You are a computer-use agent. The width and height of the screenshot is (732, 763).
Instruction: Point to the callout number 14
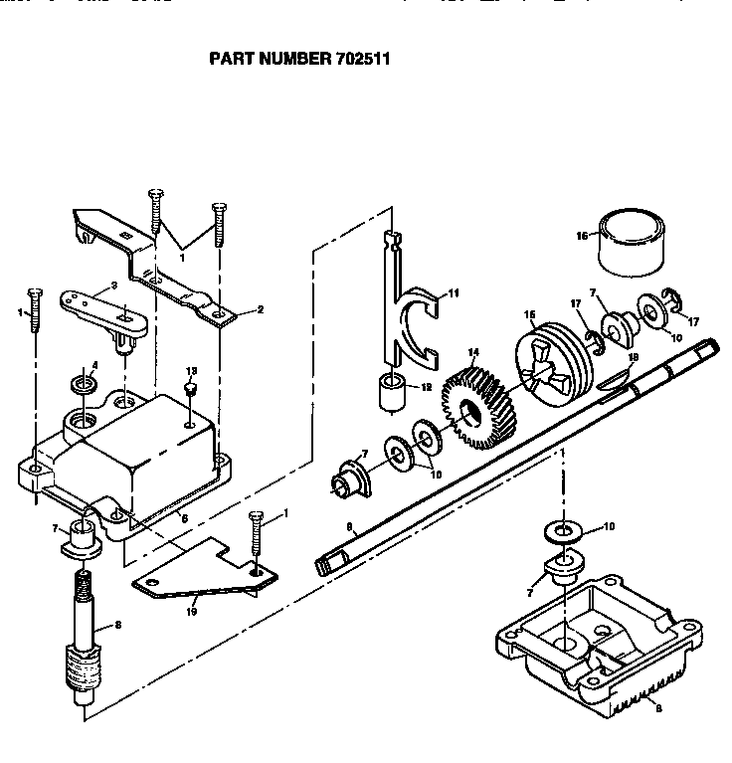pyautogui.click(x=473, y=352)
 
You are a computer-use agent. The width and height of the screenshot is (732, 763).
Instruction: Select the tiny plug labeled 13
pyautogui.click(x=193, y=387)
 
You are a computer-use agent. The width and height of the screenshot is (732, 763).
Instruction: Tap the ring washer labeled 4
pyautogui.click(x=84, y=384)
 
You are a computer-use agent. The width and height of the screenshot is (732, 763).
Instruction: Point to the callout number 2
pyautogui.click(x=260, y=310)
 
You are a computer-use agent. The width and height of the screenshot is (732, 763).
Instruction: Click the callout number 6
pyautogui.click(x=184, y=517)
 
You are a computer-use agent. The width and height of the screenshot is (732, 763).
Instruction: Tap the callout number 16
pyautogui.click(x=583, y=236)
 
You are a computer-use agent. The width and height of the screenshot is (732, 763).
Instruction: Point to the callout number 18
pyautogui.click(x=633, y=356)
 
